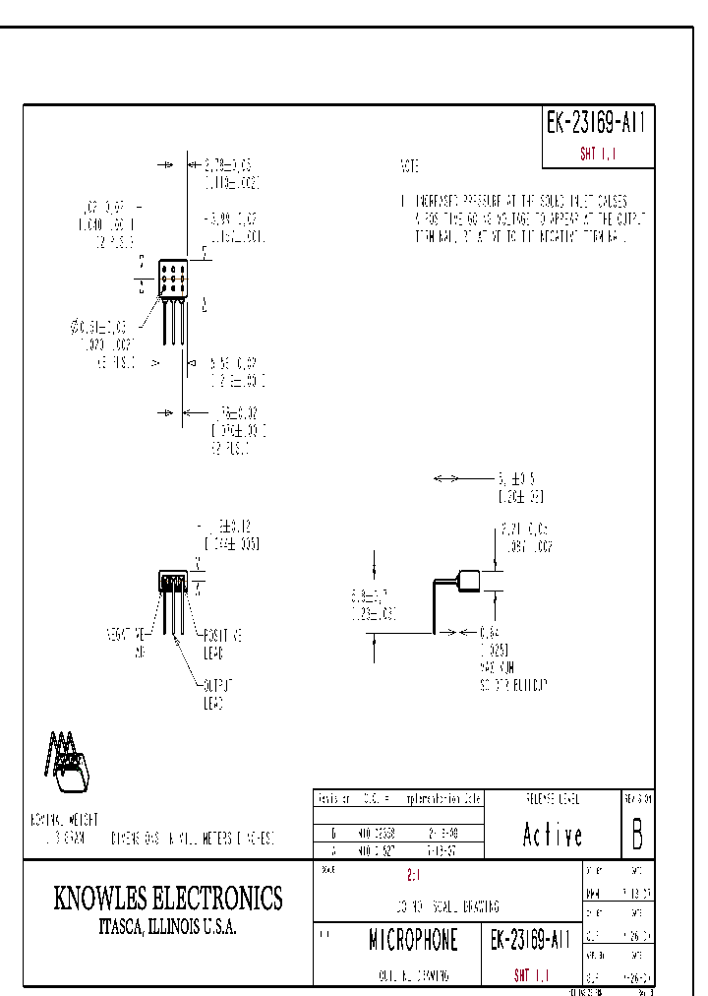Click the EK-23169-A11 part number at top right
tap(597, 123)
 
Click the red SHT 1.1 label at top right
tap(597, 155)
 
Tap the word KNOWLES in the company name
tap(100, 898)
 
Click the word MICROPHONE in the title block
tap(413, 941)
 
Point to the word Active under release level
tap(552, 836)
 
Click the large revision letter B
tap(637, 835)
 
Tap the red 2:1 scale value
tap(413, 875)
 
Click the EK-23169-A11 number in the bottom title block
tap(529, 941)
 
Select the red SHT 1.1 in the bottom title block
tap(531, 975)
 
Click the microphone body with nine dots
tap(172, 279)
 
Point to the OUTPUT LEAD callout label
tap(215, 695)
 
